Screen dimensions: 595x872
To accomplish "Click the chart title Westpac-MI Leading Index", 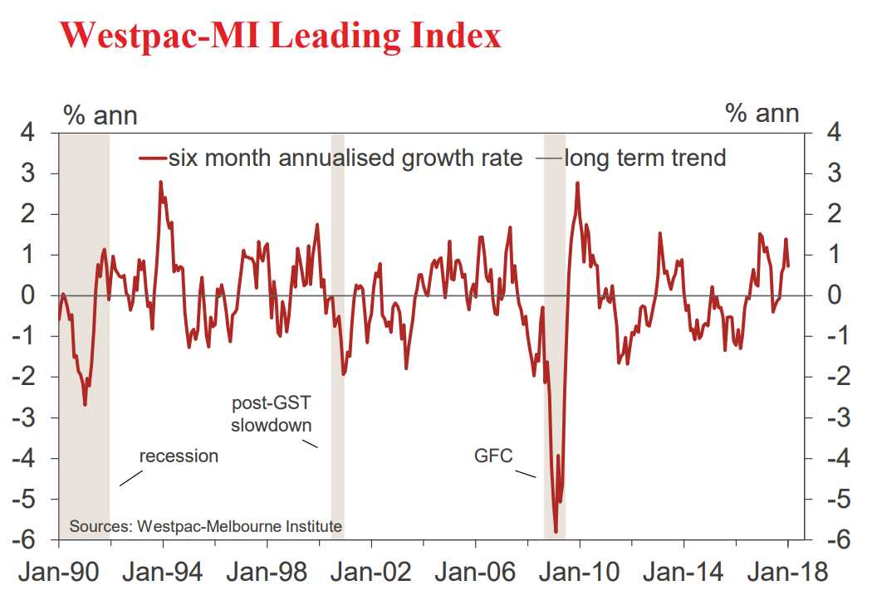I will tap(282, 36).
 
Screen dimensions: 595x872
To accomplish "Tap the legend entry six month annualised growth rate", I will tap(345, 158).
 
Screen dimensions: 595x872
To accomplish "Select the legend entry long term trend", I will tap(644, 158).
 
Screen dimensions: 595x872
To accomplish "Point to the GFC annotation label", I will tap(494, 456).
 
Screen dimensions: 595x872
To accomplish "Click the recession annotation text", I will tap(179, 456).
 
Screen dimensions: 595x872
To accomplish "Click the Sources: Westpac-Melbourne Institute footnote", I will tap(205, 526).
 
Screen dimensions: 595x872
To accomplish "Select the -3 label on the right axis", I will tap(830, 417).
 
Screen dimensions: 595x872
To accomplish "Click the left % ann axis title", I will tap(100, 115).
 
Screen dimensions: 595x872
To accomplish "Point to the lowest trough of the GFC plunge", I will tap(556, 532).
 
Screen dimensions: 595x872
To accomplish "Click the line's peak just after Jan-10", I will tap(577, 183).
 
